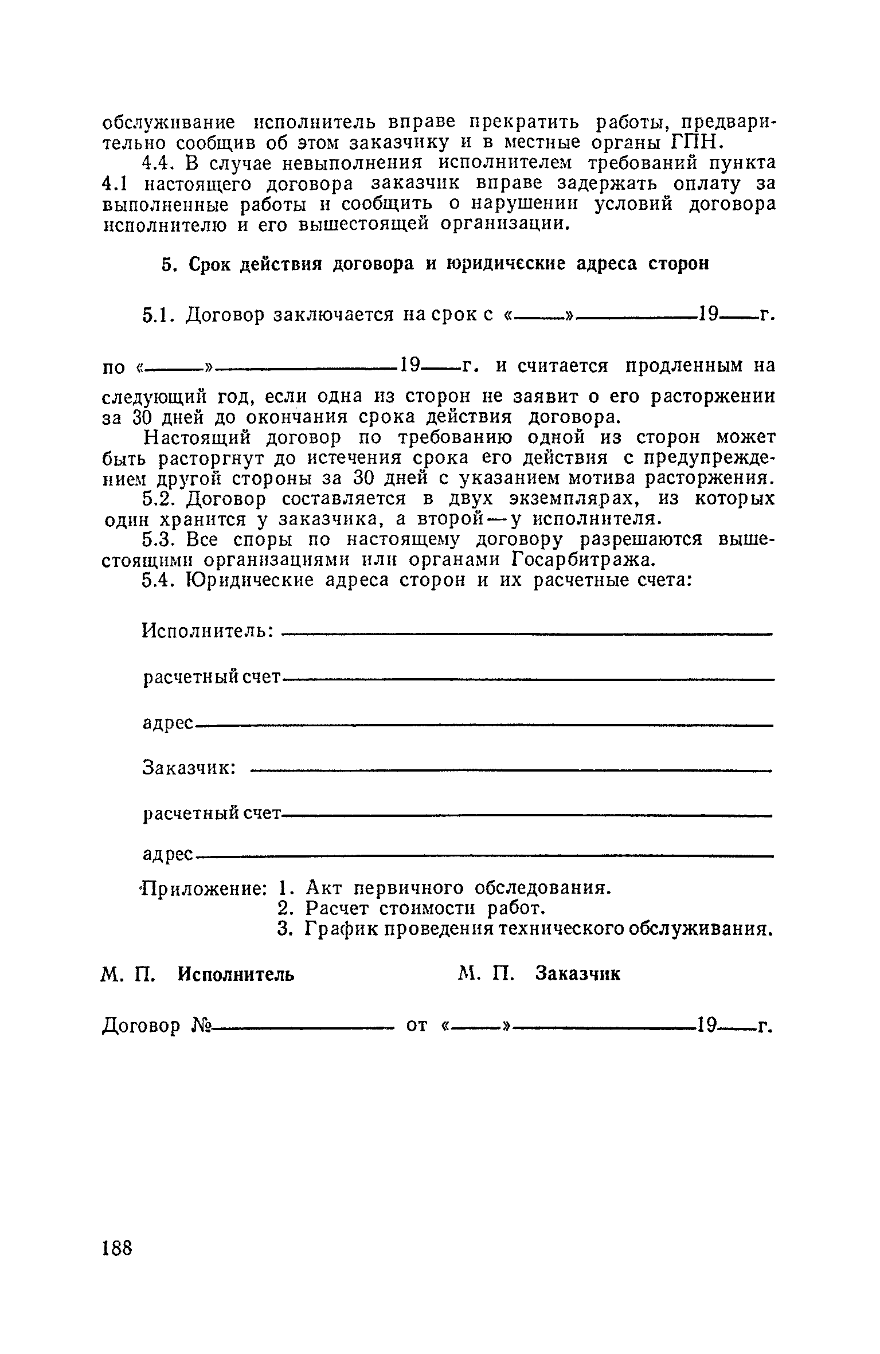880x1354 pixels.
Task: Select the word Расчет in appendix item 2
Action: coord(338,909)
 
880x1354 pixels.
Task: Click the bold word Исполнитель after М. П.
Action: coord(236,974)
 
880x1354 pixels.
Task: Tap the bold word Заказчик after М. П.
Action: coord(578,974)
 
